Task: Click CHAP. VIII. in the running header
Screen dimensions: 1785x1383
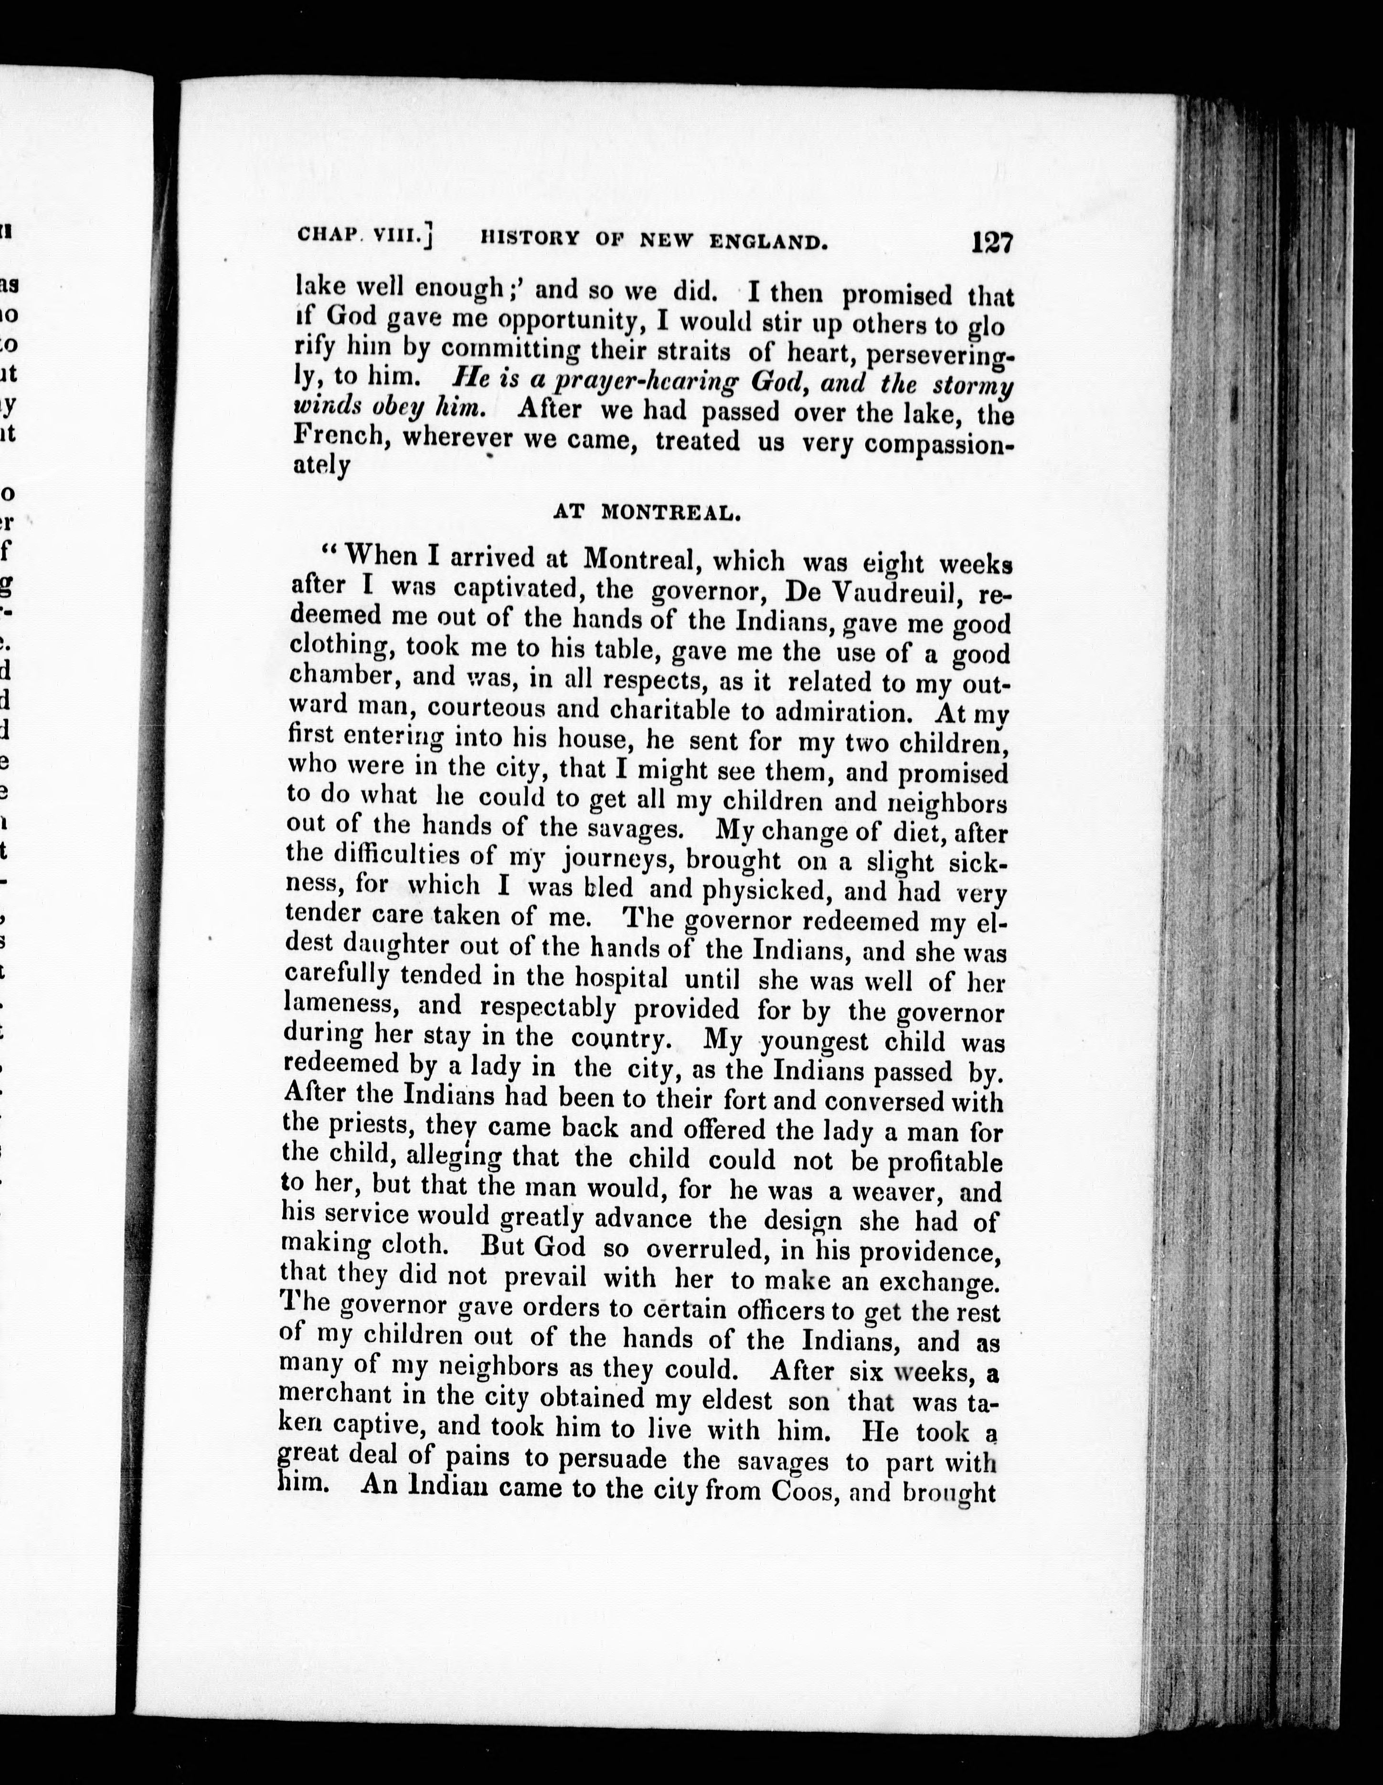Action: [363, 237]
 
